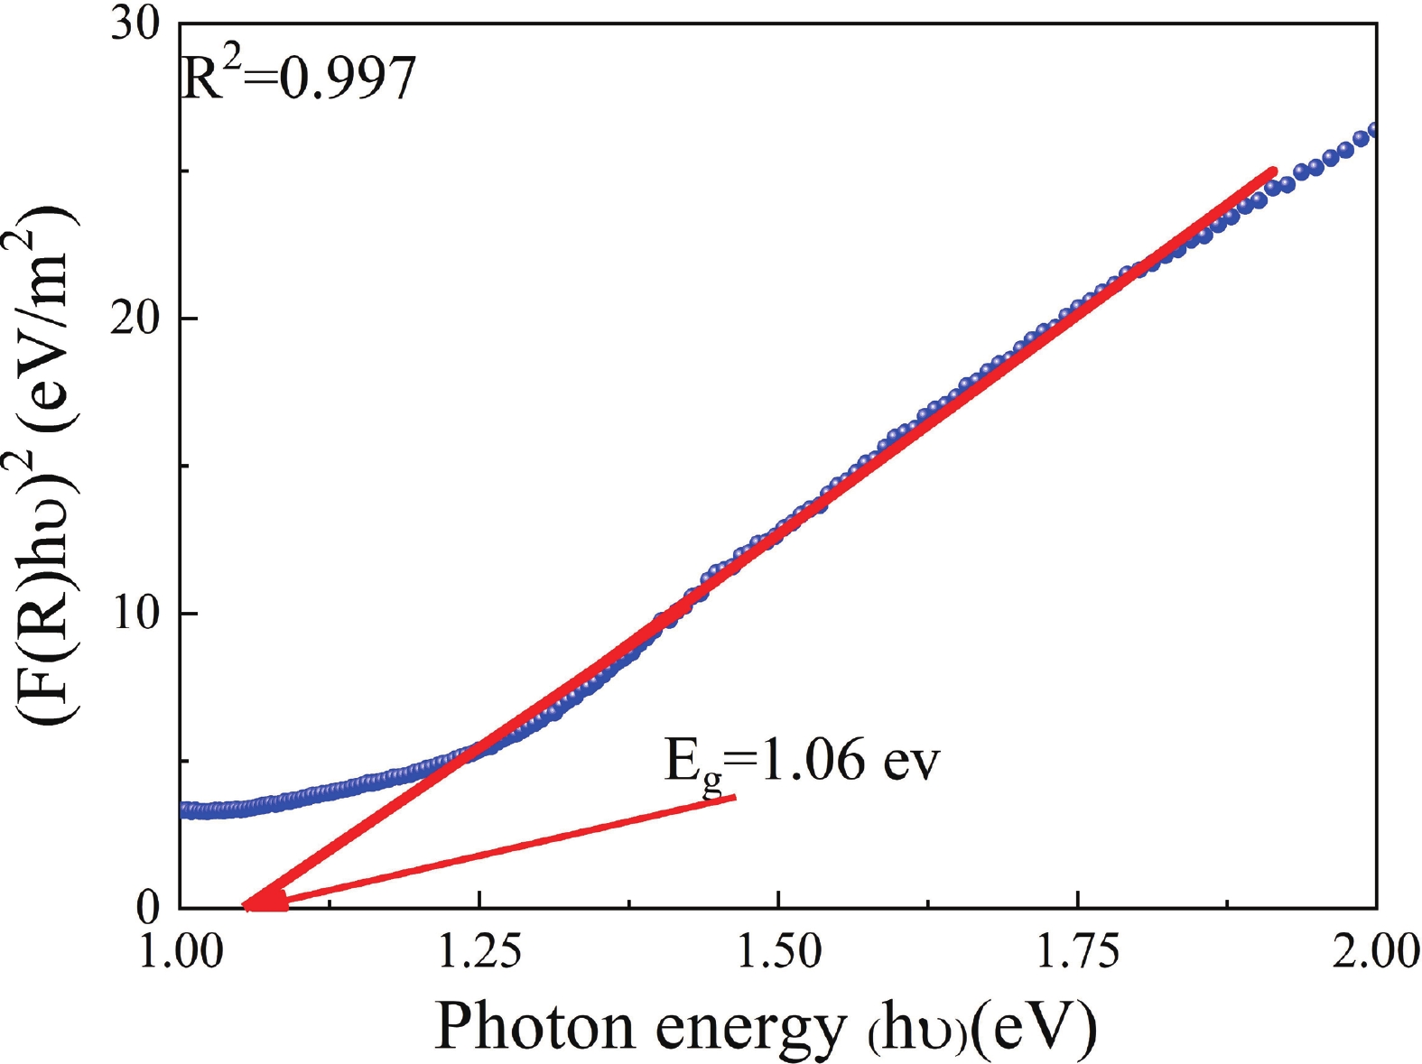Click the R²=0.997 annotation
[x=299, y=79]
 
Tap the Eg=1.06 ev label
[x=802, y=761]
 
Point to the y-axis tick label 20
[x=135, y=319]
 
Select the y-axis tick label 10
[x=135, y=614]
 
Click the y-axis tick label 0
[x=148, y=908]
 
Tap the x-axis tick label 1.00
[x=181, y=952]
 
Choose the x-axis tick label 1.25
[x=479, y=952]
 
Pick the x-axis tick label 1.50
[x=778, y=952]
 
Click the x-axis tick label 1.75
[x=1077, y=952]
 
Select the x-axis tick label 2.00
[x=1374, y=952]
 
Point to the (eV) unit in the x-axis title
[x=1035, y=1027]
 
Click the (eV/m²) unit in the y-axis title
[x=45, y=298]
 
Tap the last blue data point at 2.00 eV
[x=1372, y=132]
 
